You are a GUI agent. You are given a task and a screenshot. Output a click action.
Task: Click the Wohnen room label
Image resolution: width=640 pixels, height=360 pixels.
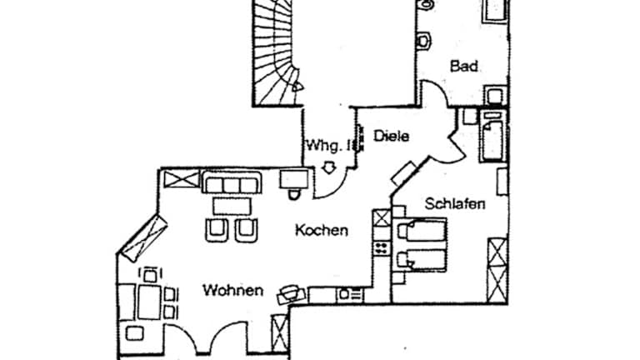[x=232, y=291]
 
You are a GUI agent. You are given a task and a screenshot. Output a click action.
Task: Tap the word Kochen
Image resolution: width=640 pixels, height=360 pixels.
[x=321, y=231]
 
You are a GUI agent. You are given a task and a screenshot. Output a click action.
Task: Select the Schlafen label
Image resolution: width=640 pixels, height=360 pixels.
[x=454, y=202]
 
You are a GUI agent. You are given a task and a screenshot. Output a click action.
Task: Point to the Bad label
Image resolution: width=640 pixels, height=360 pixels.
[x=463, y=66]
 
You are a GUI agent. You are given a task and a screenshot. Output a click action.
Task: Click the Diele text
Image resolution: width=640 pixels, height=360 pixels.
[x=390, y=135]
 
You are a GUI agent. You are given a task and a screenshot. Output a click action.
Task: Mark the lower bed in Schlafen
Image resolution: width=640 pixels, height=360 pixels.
[x=422, y=259]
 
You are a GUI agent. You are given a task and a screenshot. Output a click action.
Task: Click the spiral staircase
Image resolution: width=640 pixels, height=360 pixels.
[x=276, y=50]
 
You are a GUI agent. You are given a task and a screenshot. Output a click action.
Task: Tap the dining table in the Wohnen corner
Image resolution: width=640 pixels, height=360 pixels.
[x=150, y=299]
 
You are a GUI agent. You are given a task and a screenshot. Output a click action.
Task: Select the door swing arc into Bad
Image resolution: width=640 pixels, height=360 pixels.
[x=432, y=89]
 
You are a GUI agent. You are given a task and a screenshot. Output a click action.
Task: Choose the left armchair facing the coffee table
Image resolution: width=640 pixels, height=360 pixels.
[x=216, y=229]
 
